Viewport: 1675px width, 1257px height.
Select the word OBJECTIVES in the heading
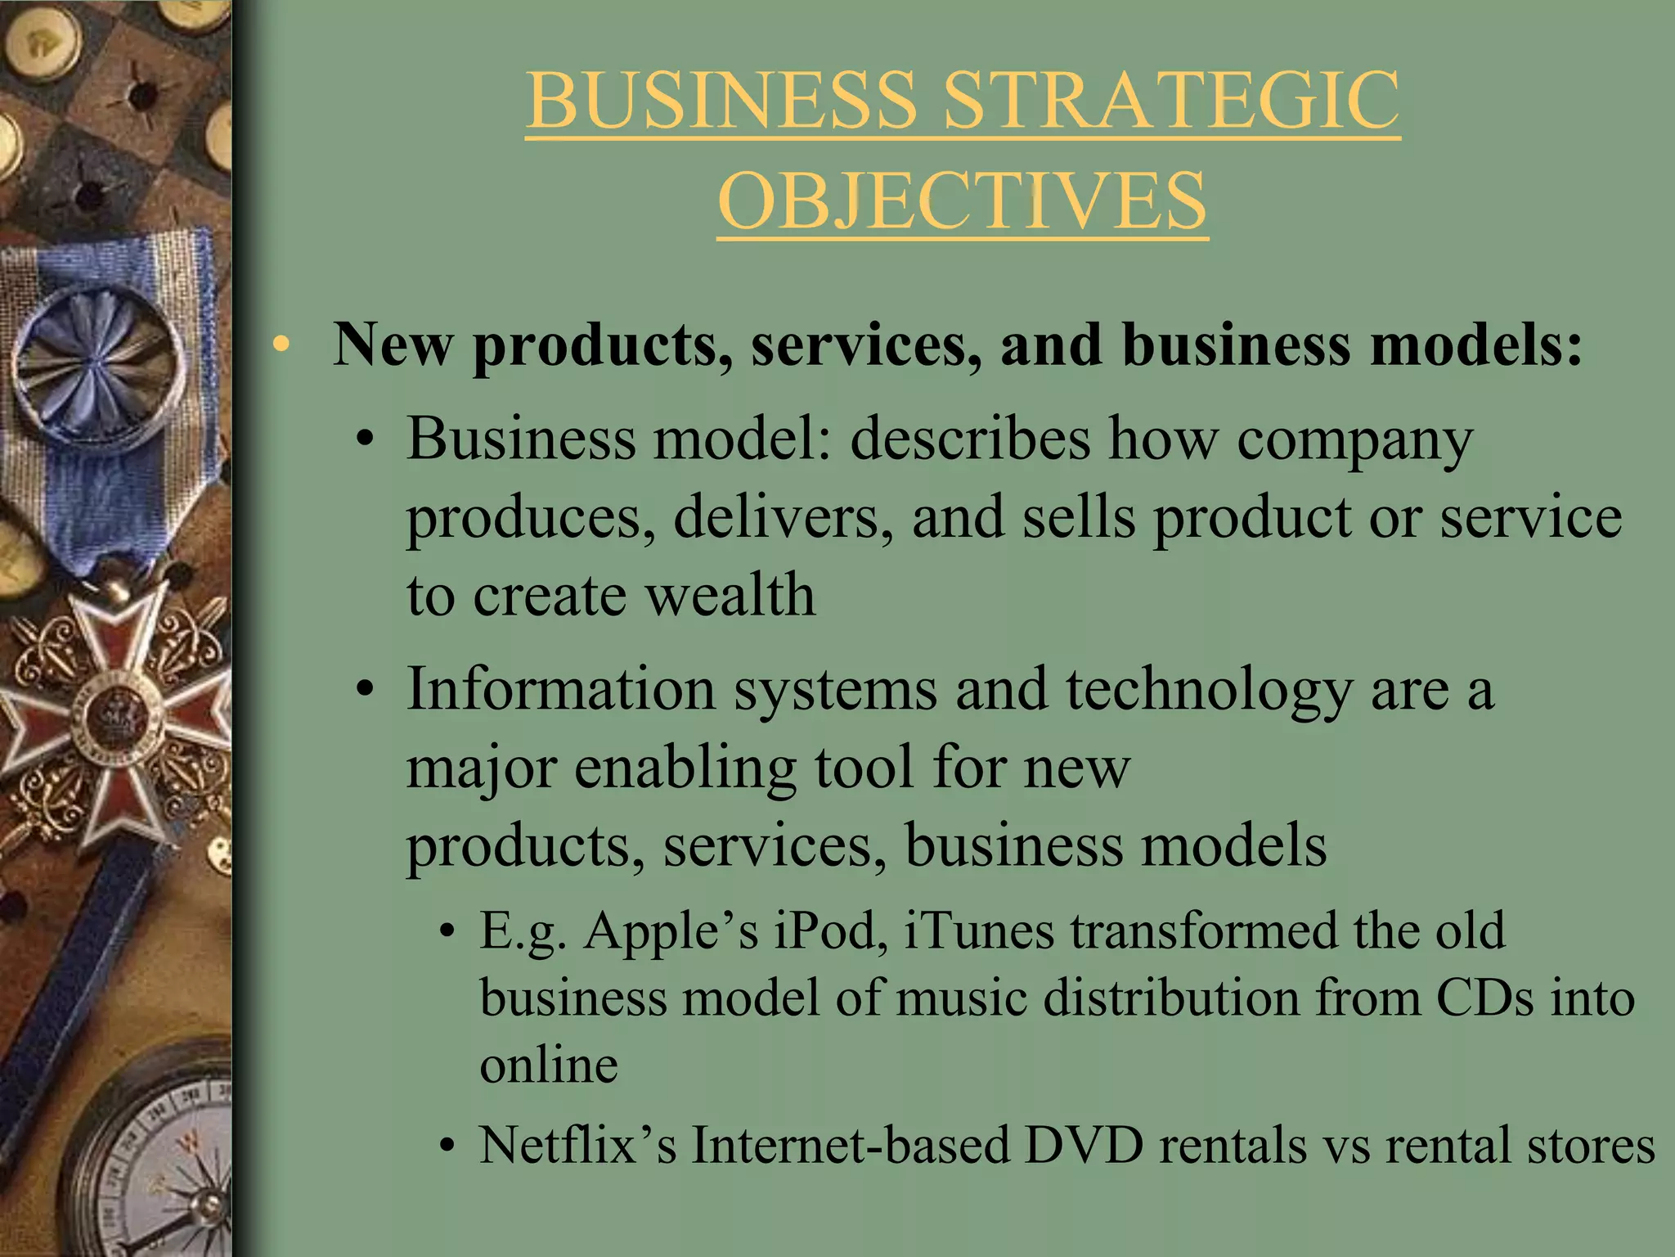(x=963, y=201)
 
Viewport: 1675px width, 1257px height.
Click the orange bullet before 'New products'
(x=281, y=345)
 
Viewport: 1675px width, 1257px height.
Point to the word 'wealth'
(x=730, y=595)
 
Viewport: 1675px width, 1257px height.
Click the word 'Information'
(x=561, y=689)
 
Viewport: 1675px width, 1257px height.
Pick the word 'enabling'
(x=685, y=769)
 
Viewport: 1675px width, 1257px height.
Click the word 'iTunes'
(x=978, y=931)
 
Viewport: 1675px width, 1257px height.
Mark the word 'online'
(x=549, y=1066)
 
